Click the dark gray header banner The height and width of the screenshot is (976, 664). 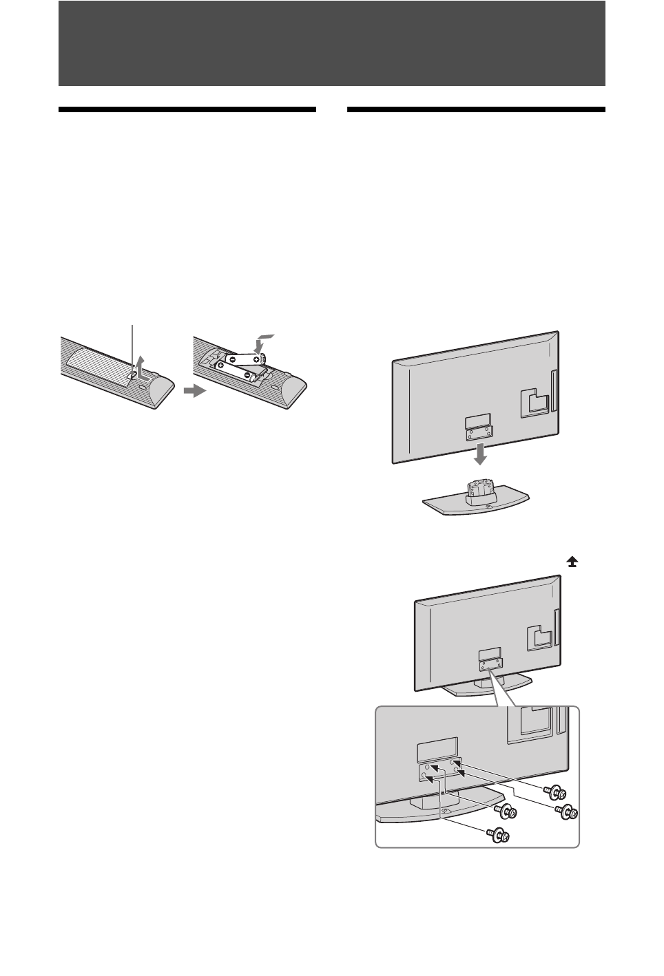pos(331,43)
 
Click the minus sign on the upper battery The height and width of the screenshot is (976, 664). pos(234,359)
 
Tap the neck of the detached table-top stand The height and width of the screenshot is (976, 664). pos(479,493)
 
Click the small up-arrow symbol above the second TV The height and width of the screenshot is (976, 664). pos(572,562)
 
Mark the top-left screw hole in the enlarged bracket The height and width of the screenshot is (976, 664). pos(428,767)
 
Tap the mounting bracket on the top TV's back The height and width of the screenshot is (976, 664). pos(477,427)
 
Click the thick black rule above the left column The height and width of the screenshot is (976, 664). pos(187,109)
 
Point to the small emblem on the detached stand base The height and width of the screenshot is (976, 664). pos(488,507)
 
